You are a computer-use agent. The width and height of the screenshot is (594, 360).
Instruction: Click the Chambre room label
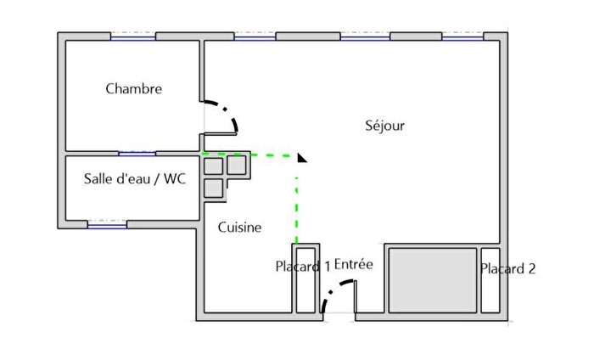(x=134, y=88)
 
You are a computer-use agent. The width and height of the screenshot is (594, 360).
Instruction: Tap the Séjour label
(x=385, y=125)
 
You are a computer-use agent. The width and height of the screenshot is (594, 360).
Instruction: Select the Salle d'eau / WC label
(x=135, y=178)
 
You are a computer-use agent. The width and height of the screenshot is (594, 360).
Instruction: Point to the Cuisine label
(x=239, y=227)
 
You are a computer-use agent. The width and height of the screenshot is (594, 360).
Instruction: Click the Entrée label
(x=354, y=264)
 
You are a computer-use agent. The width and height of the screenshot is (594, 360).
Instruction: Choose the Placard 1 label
(x=303, y=267)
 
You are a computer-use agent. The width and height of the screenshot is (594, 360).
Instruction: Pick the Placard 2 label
(x=507, y=268)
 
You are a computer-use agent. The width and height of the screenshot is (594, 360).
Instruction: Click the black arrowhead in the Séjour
(x=301, y=158)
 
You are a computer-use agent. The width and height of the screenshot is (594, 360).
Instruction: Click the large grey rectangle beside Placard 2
(x=433, y=280)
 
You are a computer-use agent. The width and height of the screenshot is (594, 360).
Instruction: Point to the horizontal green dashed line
(x=249, y=155)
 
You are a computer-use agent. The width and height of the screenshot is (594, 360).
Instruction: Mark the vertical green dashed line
(x=297, y=210)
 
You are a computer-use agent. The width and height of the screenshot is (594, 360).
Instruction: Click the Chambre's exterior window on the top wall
(x=133, y=37)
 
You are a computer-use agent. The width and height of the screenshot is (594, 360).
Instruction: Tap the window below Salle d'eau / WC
(x=107, y=225)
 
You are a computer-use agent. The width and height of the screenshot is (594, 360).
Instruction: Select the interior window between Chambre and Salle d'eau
(x=137, y=154)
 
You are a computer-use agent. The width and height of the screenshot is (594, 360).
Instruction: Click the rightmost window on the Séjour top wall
(x=462, y=37)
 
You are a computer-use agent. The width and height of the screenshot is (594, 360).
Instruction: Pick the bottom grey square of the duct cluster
(x=214, y=188)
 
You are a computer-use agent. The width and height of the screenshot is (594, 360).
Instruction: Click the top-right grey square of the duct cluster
(x=237, y=166)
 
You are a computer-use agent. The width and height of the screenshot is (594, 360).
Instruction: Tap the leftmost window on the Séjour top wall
(x=255, y=37)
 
